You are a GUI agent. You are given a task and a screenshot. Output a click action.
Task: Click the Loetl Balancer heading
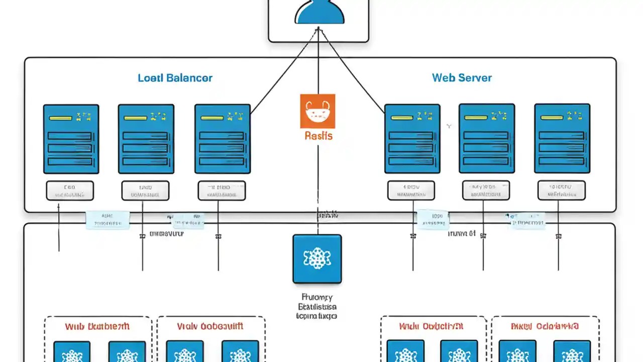click(x=175, y=78)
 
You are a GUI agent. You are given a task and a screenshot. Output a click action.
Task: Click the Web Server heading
click(x=462, y=78)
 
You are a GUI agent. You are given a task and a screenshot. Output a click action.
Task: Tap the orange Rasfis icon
click(x=317, y=111)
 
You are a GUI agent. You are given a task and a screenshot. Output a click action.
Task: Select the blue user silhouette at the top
click(x=319, y=13)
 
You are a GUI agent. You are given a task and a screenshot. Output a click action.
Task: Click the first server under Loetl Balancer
click(x=71, y=139)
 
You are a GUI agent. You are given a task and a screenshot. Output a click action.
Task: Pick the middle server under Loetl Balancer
click(x=146, y=139)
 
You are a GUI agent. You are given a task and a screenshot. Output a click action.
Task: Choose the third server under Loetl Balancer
click(x=222, y=139)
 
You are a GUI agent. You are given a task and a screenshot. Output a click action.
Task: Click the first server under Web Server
click(x=412, y=139)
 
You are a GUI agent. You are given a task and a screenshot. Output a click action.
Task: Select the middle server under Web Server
click(x=487, y=138)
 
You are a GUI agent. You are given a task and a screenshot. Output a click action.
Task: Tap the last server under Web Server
click(x=562, y=138)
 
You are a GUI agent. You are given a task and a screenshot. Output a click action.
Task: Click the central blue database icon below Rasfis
click(x=317, y=258)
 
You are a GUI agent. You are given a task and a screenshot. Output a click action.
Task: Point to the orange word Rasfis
click(x=318, y=136)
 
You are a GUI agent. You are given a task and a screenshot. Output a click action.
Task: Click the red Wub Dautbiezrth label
click(x=97, y=326)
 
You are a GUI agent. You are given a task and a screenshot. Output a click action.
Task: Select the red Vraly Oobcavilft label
click(x=210, y=326)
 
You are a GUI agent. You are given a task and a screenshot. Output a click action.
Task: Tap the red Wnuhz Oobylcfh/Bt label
click(x=431, y=326)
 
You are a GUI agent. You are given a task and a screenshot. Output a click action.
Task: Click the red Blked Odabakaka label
click(x=545, y=326)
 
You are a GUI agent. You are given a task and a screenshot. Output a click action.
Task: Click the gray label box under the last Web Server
click(x=561, y=191)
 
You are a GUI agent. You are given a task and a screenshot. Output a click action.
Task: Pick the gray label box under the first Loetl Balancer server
click(x=70, y=191)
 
